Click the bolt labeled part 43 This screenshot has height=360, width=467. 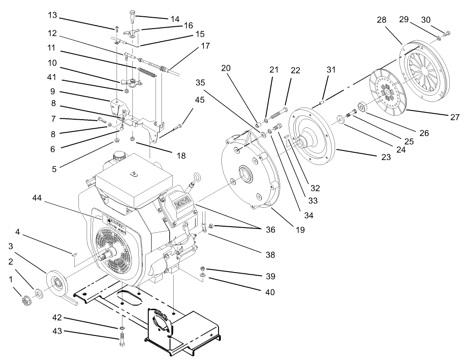pos(122,339)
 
